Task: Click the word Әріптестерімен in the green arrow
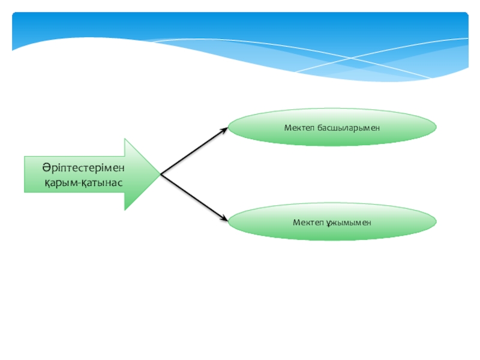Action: point(75,167)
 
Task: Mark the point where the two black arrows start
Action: point(160,175)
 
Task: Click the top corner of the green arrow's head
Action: point(125,139)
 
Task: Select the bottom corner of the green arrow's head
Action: point(125,209)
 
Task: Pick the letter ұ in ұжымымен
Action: point(329,223)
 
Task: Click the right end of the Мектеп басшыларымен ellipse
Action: point(436,127)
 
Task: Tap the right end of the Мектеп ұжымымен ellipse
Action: point(436,221)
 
